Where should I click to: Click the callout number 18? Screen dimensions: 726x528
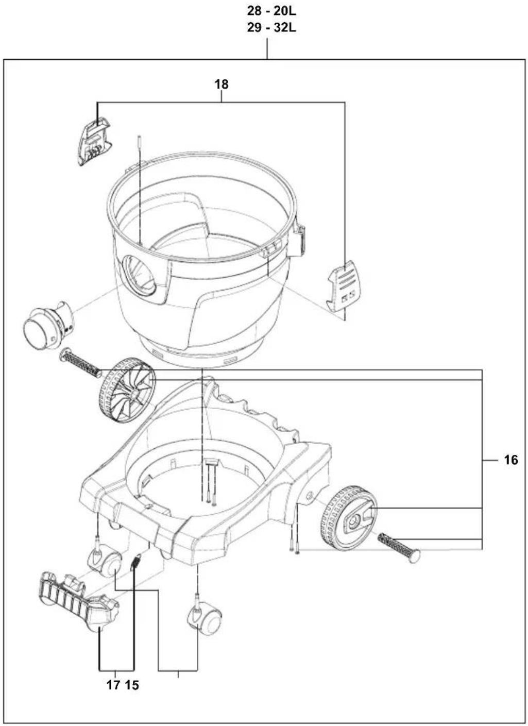pyautogui.click(x=222, y=84)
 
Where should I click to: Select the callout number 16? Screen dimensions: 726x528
pyautogui.click(x=510, y=460)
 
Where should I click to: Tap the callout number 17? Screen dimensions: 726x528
pyautogui.click(x=113, y=685)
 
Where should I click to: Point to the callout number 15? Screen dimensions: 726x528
pyautogui.click(x=132, y=685)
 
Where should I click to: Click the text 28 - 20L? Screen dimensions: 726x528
pyautogui.click(x=271, y=11)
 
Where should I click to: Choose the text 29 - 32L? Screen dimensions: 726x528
pyautogui.click(x=271, y=28)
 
